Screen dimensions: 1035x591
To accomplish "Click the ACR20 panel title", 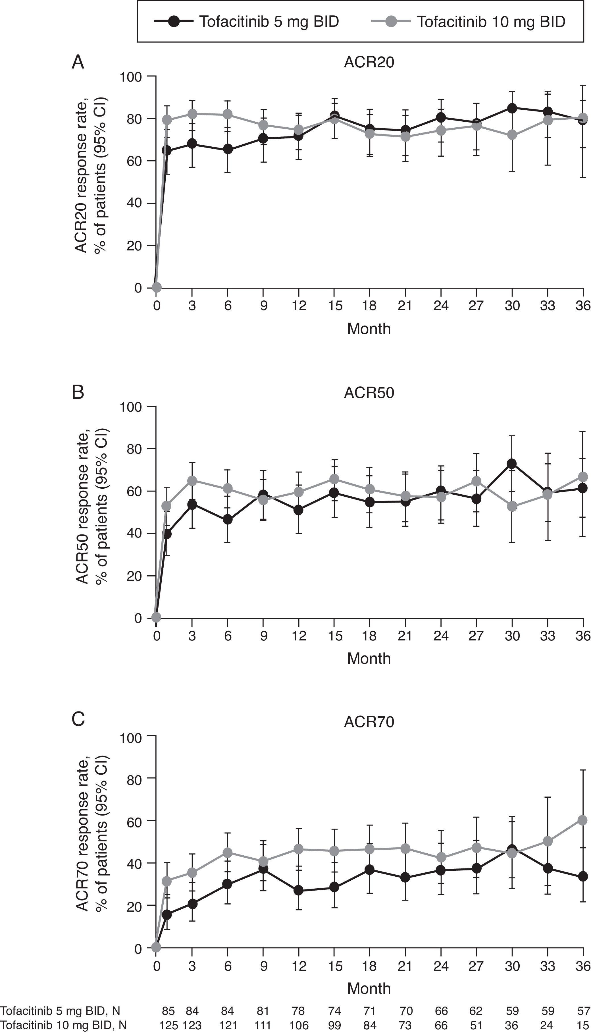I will click(369, 63).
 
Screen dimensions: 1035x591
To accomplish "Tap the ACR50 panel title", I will click(369, 393).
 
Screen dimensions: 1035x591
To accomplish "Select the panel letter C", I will click(78, 719).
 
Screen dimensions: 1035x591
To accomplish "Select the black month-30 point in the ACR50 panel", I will click(512, 464).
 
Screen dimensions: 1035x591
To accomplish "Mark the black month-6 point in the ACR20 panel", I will click(228, 149).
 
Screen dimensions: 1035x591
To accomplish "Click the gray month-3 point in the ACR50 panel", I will click(192, 481).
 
